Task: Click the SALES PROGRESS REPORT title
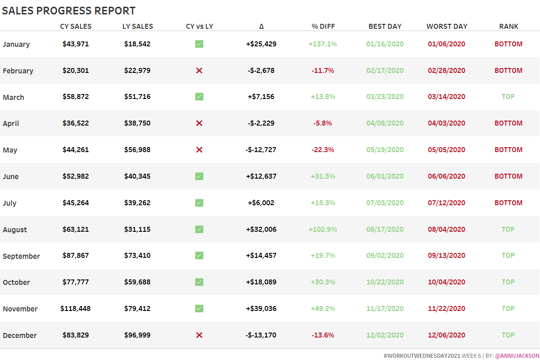coord(68,11)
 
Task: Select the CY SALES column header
coord(76,27)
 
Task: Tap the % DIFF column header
coord(323,27)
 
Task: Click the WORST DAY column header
coord(446,27)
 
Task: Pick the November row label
coord(20,309)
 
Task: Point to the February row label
coord(18,71)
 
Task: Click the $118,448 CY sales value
coord(76,309)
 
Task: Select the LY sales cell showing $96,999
coord(137,335)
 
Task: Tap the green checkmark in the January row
coord(199,44)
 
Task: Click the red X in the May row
coord(199,150)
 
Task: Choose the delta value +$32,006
coord(261,229)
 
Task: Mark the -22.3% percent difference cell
coord(323,150)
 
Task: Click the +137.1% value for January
coord(323,44)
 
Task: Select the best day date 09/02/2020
coord(385,256)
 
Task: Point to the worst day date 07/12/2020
coord(446,203)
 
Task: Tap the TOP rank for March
coord(508,97)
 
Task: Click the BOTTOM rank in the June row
coord(508,176)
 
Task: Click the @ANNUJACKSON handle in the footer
coord(517,355)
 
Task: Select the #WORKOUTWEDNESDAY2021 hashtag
coord(422,355)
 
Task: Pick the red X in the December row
coord(199,335)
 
